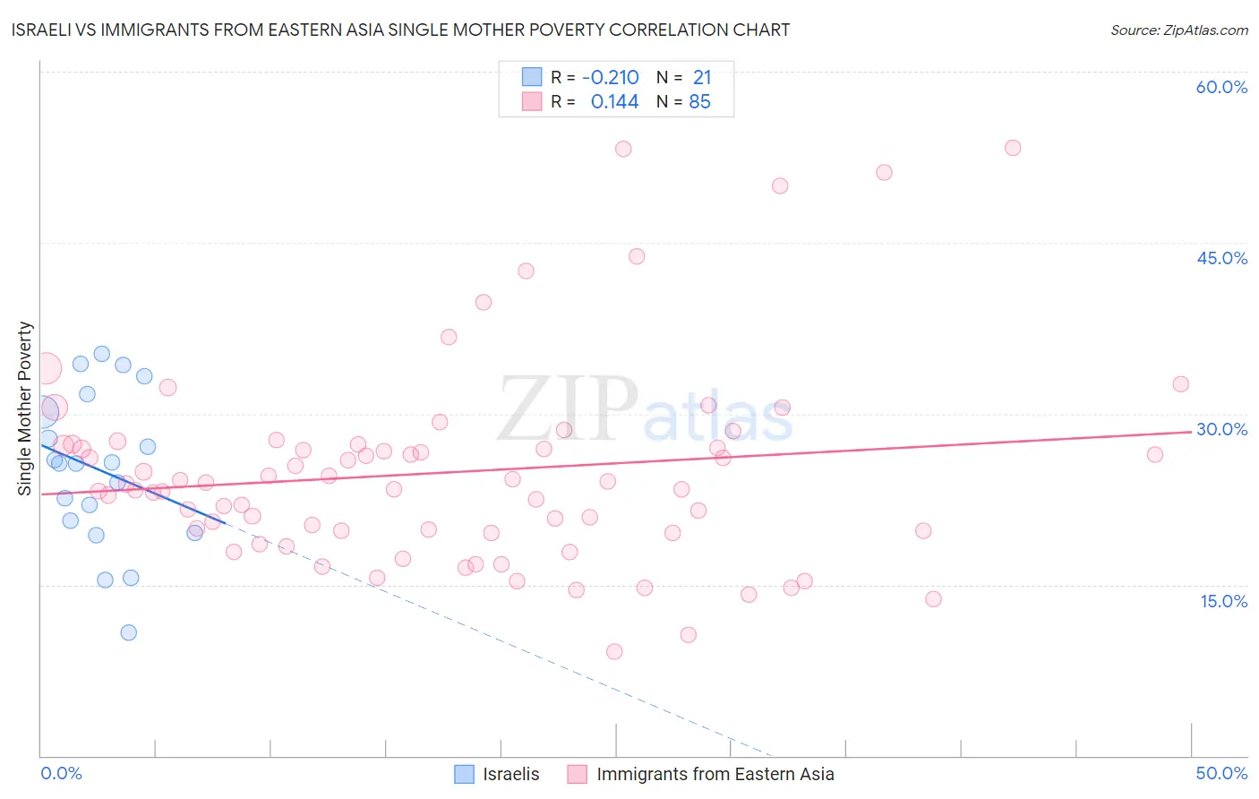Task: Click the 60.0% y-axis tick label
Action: (1221, 87)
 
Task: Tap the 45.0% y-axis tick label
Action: (1221, 258)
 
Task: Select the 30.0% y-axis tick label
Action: (1221, 429)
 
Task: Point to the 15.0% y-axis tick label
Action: (1223, 601)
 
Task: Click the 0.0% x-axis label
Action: (61, 773)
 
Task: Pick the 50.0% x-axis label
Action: (1221, 773)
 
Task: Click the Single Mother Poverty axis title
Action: (25, 408)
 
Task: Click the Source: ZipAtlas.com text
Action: (1178, 30)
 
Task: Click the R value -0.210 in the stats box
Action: (610, 77)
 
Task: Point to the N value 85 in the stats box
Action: (699, 102)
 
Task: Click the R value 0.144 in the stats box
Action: (614, 102)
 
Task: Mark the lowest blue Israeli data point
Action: (128, 632)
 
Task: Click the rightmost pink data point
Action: (1180, 384)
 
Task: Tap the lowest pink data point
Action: (614, 651)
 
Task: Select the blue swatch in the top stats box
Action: (532, 77)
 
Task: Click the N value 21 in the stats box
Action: (702, 77)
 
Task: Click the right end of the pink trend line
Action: (1191, 431)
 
